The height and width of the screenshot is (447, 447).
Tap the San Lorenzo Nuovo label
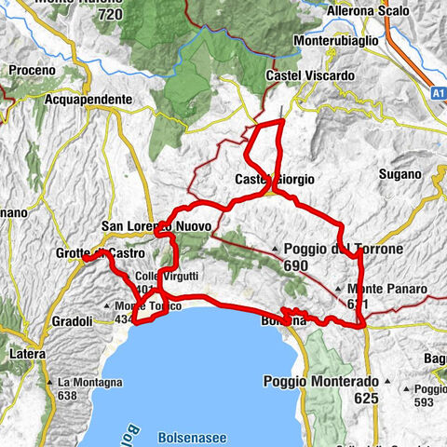[x=156, y=226]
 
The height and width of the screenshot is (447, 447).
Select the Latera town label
[x=21, y=355]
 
